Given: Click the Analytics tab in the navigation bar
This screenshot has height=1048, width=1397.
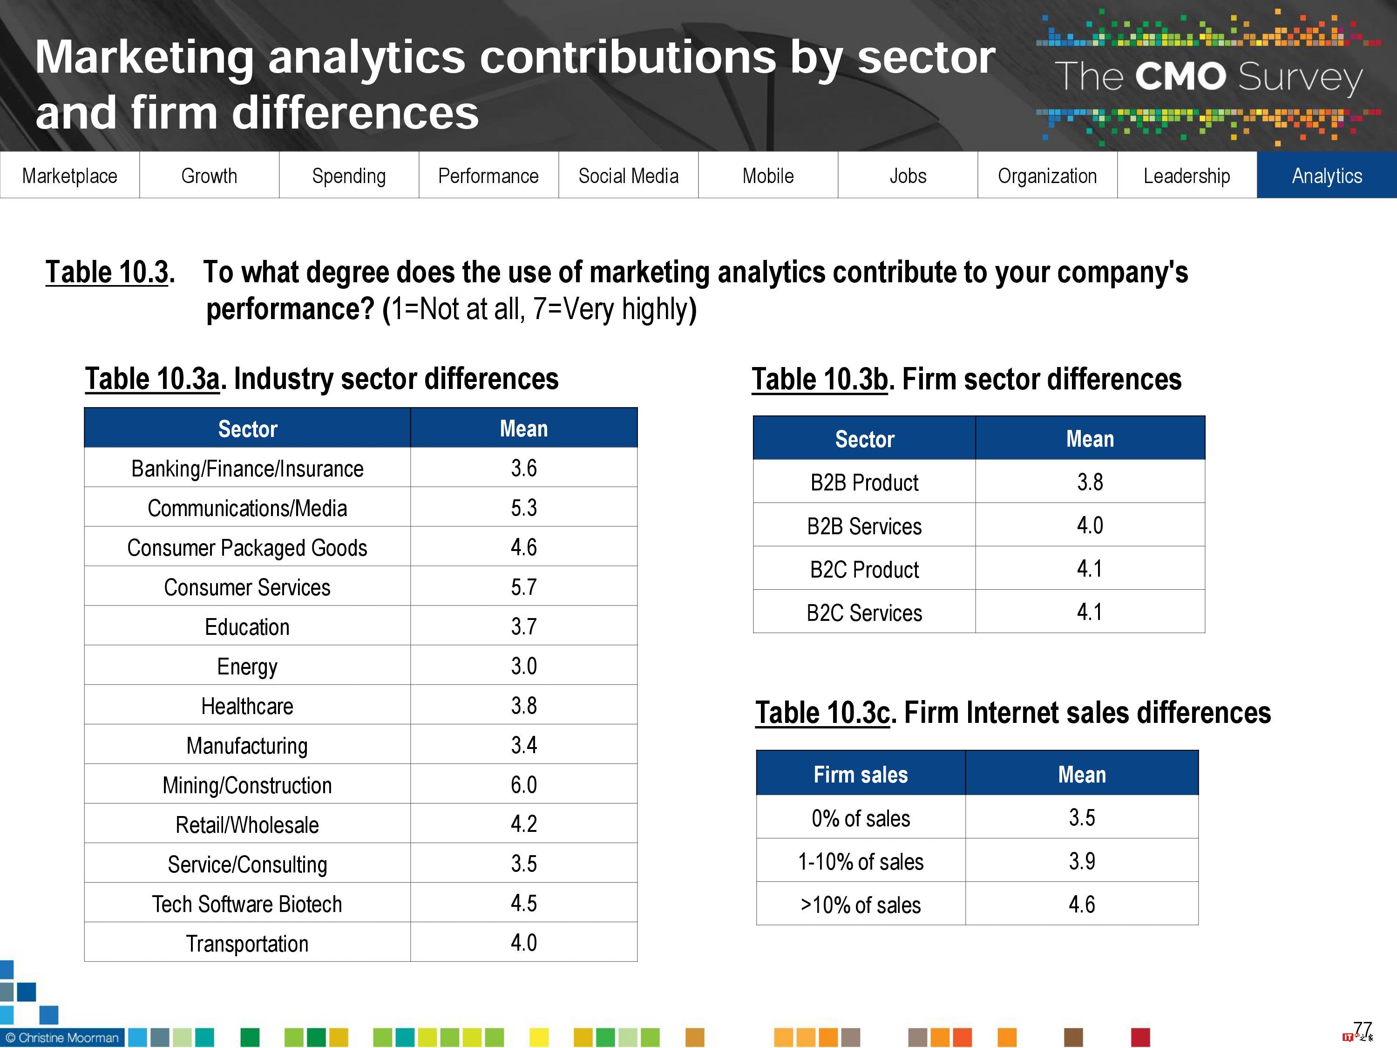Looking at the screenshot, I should tap(1326, 176).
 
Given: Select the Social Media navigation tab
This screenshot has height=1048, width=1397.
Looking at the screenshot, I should tap(628, 176).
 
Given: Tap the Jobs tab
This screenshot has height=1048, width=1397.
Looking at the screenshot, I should tap(908, 176).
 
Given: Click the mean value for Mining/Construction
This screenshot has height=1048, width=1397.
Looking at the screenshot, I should tap(523, 784).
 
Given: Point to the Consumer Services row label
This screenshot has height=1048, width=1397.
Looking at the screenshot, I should tap(247, 587).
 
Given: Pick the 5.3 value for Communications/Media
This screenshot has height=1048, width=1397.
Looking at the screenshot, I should tap(523, 508).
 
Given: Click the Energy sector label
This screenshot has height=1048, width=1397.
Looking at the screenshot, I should tap(247, 667).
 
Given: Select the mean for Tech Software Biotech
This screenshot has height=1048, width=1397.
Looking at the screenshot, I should tap(523, 903).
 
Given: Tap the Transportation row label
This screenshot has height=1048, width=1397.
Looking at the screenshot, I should tap(247, 944).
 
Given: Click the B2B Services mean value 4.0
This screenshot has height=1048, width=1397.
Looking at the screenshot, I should tap(1090, 525).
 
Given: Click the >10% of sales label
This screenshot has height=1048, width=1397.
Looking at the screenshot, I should tap(860, 905).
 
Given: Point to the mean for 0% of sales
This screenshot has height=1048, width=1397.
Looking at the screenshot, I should tap(1081, 818).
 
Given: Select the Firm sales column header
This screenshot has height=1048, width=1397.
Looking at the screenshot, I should tap(860, 775).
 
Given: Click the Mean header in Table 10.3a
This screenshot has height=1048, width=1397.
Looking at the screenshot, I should tap(523, 429).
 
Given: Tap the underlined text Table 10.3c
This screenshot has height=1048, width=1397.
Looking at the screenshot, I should tap(822, 713).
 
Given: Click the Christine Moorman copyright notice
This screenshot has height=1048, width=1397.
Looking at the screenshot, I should tap(62, 1038).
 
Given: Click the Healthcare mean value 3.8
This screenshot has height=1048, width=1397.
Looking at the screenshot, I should tap(523, 706).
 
